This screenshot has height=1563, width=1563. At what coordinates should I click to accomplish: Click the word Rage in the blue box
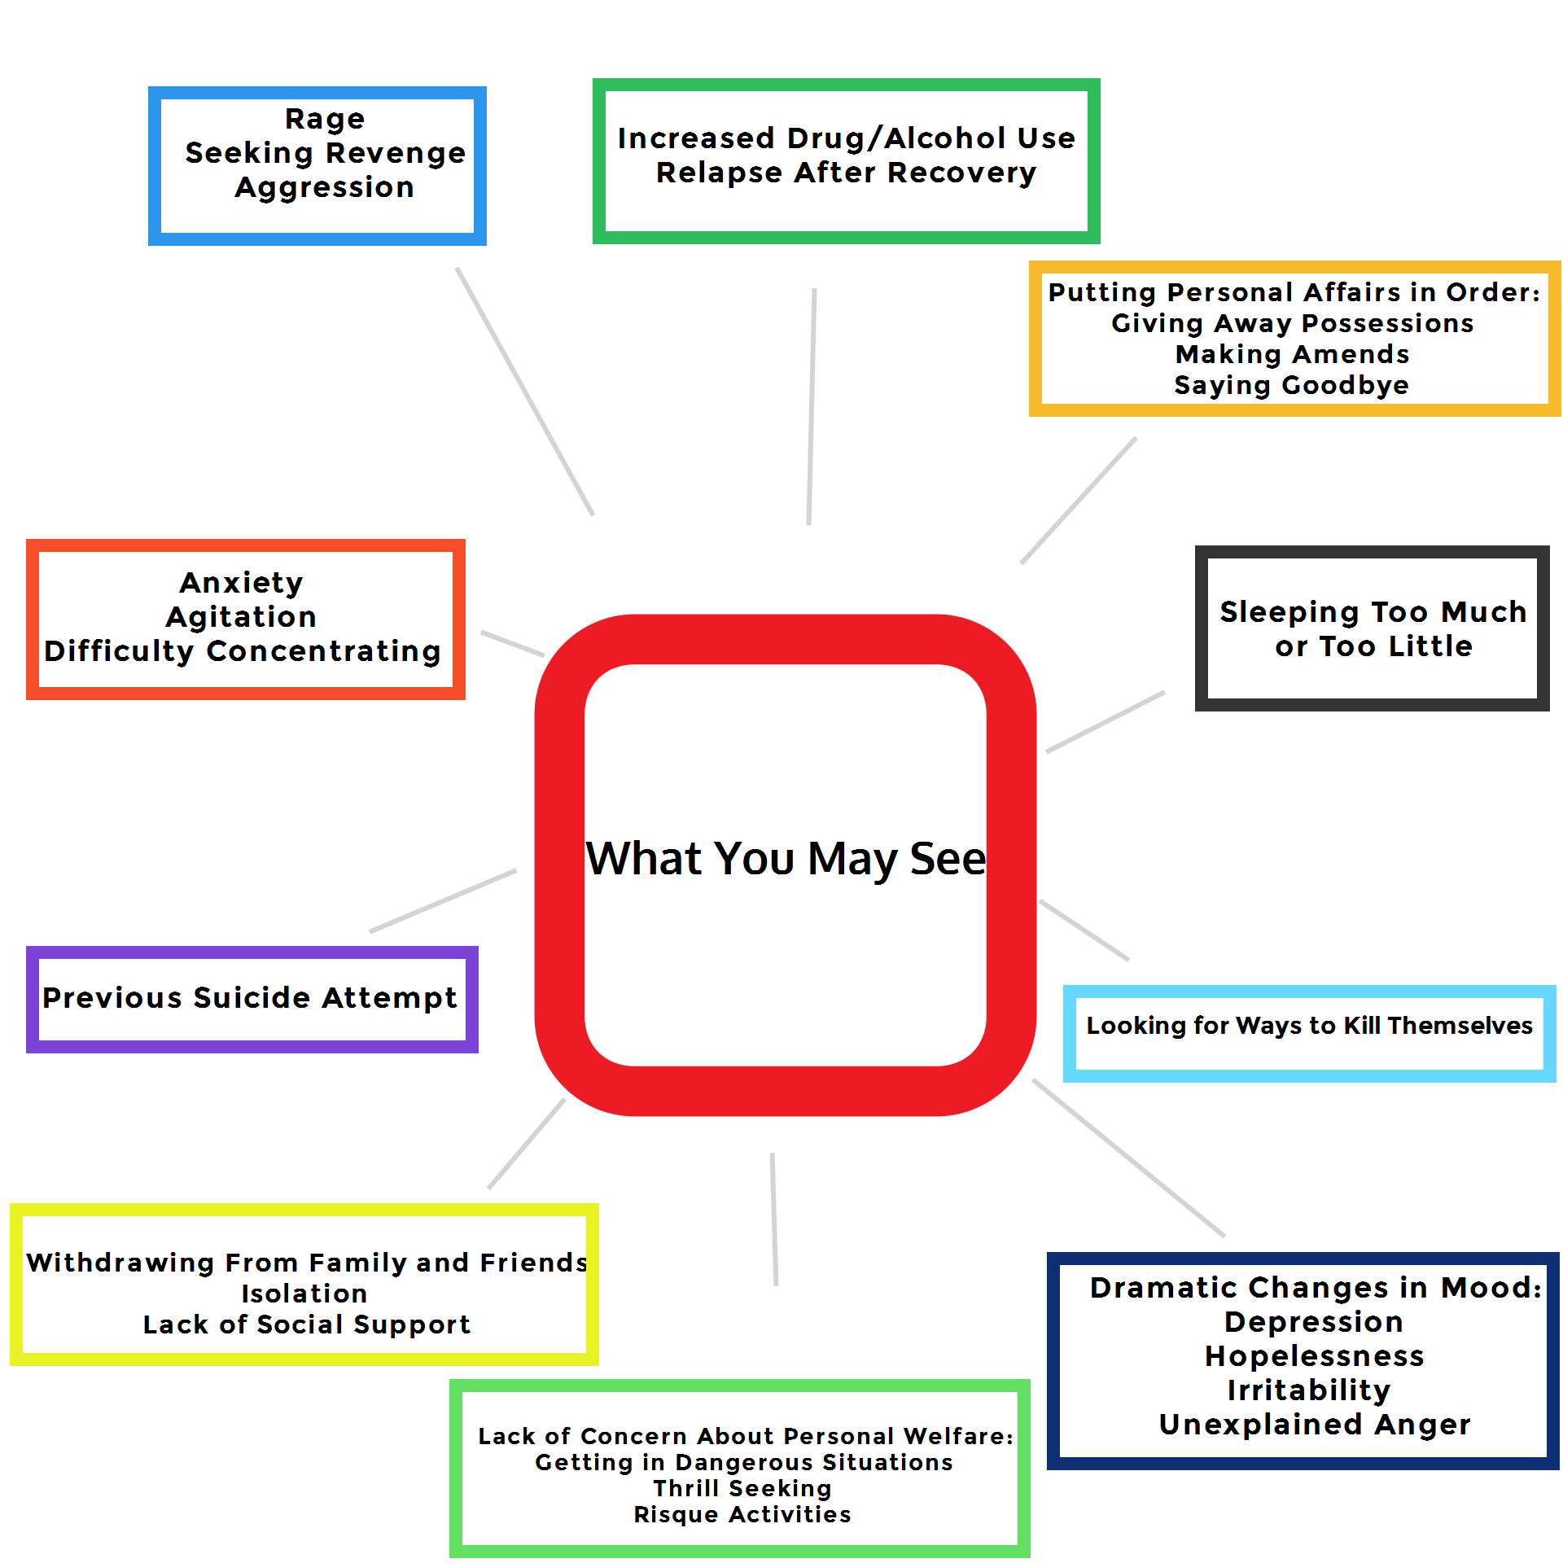point(325,119)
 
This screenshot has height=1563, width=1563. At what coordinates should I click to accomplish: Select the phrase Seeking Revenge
point(325,153)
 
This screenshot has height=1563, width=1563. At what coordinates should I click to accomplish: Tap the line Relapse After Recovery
point(846,173)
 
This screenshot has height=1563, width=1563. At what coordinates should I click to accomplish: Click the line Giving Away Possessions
point(1292,323)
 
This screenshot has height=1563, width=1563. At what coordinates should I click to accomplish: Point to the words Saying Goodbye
point(1291,385)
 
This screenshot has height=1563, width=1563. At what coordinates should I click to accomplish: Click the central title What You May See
point(786,859)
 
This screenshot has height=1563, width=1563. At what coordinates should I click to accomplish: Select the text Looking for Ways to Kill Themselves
point(1309,1026)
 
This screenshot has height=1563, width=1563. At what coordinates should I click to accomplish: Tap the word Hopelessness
point(1314,1356)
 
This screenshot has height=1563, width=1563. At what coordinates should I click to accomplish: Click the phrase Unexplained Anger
point(1314,1425)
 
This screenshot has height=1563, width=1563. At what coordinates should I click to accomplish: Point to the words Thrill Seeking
point(742,1488)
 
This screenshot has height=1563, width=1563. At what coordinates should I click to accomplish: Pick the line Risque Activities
point(742,1514)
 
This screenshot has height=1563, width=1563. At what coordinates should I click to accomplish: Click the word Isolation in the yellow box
point(304,1294)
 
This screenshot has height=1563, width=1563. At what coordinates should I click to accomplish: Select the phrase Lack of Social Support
point(307,1324)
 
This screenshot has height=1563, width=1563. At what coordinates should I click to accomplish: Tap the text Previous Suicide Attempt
point(250,998)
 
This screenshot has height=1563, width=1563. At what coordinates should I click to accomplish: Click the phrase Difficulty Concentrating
point(243,651)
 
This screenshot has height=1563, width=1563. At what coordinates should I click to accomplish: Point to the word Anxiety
point(242,583)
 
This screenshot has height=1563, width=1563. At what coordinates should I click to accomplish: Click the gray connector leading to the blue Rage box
point(525,392)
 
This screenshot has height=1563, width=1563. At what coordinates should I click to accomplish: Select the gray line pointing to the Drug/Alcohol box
point(812,407)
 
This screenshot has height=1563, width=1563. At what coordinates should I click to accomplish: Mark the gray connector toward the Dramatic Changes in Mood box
point(1128,1158)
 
